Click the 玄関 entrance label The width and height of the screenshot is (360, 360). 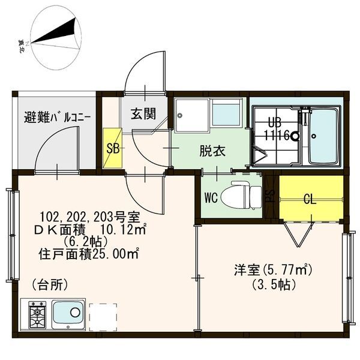[x=143, y=114]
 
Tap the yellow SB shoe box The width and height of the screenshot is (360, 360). [x=113, y=148]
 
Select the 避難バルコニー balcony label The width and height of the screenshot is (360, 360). [x=57, y=118]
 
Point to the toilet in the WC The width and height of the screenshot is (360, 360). [x=242, y=195]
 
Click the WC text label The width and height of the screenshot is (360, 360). [x=211, y=197]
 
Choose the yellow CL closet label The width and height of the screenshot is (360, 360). [x=310, y=199]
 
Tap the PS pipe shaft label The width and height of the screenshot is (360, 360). [x=271, y=196]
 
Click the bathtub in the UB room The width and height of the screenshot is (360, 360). [x=324, y=136]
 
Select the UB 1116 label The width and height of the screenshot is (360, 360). [x=277, y=129]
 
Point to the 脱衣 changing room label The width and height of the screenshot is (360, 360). [x=212, y=151]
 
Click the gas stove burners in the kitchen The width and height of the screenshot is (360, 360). [x=37, y=316]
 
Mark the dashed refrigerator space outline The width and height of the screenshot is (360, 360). [x=103, y=317]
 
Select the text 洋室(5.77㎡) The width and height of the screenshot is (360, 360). [x=272, y=270]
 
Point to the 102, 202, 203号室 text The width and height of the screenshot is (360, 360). [x=90, y=217]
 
